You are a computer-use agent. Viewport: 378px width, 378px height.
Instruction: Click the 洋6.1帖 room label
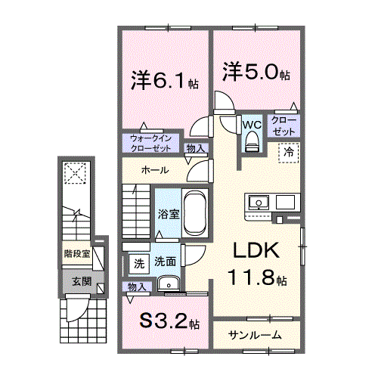[x=164, y=80]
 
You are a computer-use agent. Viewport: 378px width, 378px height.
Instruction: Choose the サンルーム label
[x=256, y=335]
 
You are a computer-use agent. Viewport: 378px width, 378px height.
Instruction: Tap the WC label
[x=251, y=123]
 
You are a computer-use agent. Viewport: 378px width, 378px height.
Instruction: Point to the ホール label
[x=154, y=170]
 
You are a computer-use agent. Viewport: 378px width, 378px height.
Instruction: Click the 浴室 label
[x=168, y=214]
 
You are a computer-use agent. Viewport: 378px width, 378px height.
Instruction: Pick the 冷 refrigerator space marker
[x=290, y=153]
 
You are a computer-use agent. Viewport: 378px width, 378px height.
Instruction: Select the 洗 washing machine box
[x=138, y=264]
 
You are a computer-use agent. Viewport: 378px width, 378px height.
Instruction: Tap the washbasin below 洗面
[x=169, y=284]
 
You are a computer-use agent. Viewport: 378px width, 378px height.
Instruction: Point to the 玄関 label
[x=81, y=281]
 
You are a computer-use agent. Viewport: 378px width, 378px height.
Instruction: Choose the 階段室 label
[x=76, y=254]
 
